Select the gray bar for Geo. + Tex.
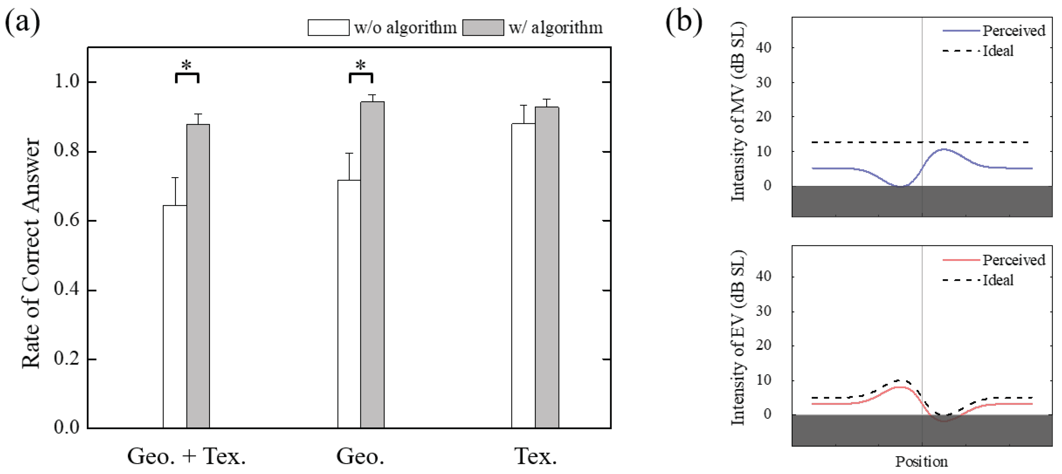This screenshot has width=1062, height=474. pos(198,276)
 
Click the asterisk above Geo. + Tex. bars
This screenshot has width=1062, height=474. pos(187,65)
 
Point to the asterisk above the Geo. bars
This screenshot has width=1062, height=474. pos(361,65)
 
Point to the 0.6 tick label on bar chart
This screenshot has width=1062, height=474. pos(67,220)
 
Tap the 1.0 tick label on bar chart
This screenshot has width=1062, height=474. pos(67,82)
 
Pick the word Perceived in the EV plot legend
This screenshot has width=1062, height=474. pos(1014,260)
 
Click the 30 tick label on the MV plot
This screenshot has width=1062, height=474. pos(764,82)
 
